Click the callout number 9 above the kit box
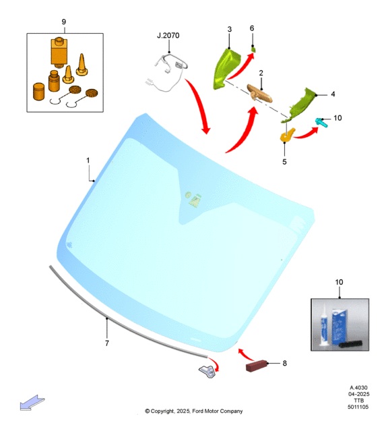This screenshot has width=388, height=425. point(64,22)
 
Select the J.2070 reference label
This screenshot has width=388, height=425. point(168,36)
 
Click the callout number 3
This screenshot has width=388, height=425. point(230,29)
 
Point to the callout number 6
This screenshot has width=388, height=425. point(252,28)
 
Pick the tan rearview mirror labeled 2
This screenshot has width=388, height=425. point(259,93)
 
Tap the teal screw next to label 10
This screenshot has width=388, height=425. point(322,123)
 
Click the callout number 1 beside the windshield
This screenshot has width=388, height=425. point(88,161)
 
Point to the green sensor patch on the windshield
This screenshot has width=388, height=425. point(193,199)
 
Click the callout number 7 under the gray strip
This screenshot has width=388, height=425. point(107,343)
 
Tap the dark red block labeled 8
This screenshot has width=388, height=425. point(256,366)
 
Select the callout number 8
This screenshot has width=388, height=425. point(285,363)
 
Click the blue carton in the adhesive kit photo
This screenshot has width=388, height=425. point(339,327)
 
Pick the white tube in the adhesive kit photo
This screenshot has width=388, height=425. point(323,325)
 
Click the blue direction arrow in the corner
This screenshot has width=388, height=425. point(32,403)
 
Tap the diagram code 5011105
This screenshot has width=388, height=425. point(358,407)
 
